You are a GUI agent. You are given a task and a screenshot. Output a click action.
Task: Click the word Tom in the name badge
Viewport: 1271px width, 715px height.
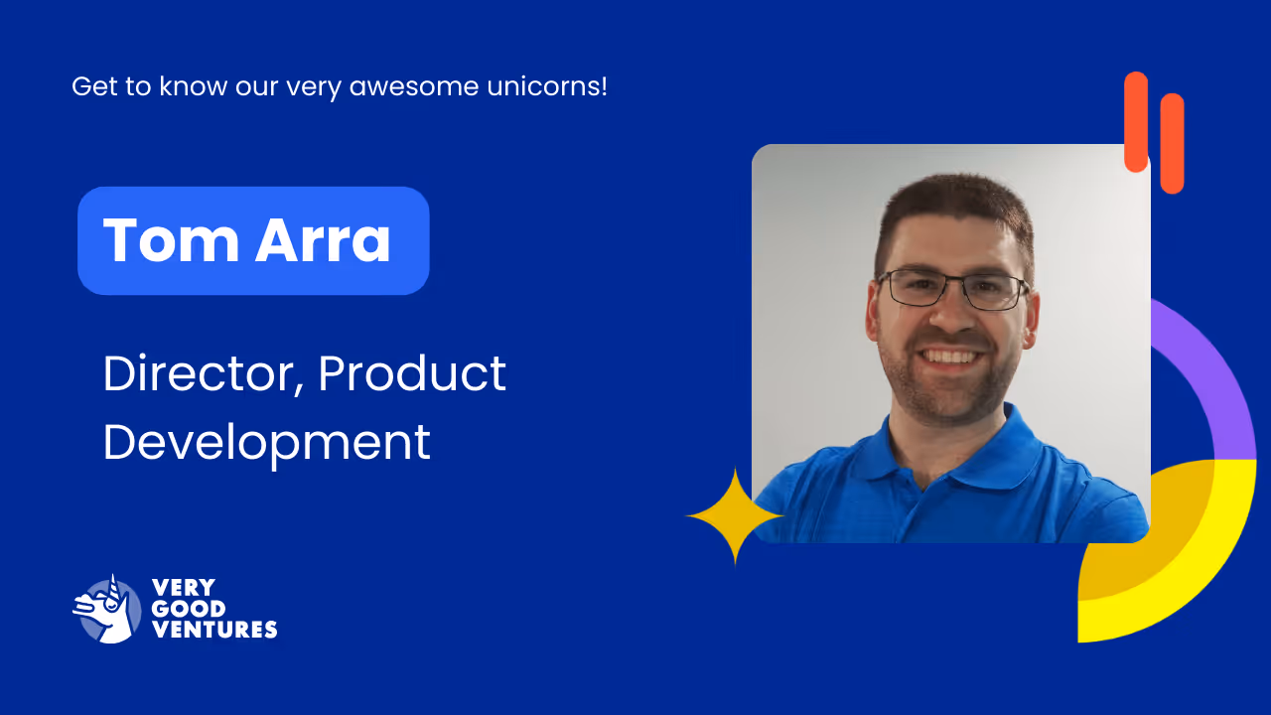point(170,240)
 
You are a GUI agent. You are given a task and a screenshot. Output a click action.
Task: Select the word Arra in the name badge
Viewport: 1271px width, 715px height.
point(323,240)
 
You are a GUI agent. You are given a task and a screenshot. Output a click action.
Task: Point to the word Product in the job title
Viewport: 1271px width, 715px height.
point(412,373)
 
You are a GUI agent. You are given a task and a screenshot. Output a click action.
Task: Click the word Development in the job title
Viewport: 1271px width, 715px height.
point(266,442)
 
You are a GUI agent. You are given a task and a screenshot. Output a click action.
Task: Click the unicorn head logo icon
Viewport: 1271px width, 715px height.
point(106,609)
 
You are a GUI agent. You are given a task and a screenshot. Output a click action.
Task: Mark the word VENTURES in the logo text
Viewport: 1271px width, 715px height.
point(213,630)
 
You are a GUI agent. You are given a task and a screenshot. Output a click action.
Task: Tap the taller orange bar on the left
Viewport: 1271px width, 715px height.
point(1135,121)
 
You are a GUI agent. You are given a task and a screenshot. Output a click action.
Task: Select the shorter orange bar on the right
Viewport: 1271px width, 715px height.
point(1172,143)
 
